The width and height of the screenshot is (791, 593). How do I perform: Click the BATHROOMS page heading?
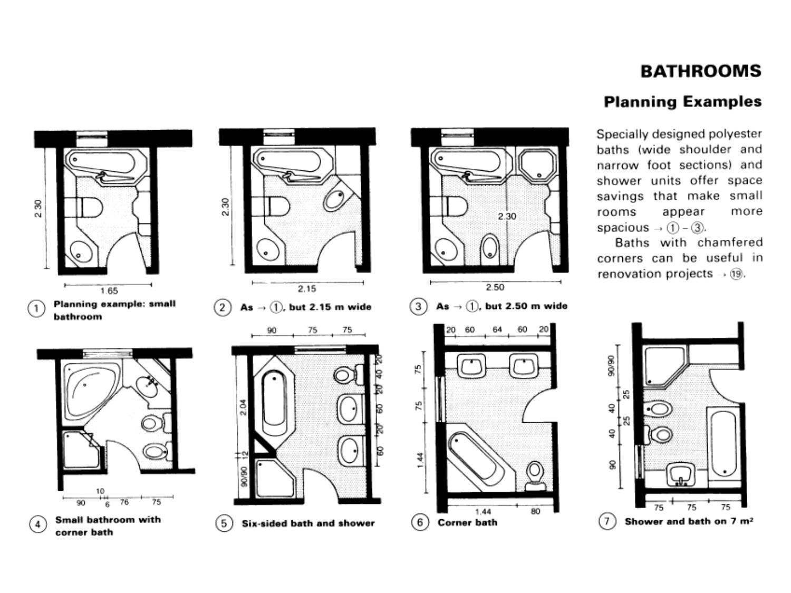(x=700, y=71)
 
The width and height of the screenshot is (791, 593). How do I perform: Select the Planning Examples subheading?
(x=682, y=102)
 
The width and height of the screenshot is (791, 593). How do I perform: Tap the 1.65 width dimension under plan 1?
(x=109, y=291)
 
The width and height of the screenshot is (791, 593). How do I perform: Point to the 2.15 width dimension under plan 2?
(x=307, y=289)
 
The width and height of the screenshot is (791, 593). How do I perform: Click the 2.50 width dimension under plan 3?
(x=495, y=287)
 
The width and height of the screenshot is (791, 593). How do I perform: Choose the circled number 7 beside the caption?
(x=607, y=521)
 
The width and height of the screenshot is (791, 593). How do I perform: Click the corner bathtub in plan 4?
(x=92, y=391)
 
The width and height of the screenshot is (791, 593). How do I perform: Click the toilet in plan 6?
(x=535, y=476)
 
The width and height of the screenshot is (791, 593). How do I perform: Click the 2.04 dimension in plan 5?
(x=243, y=407)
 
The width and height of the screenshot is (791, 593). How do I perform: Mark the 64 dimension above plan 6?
(x=497, y=330)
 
